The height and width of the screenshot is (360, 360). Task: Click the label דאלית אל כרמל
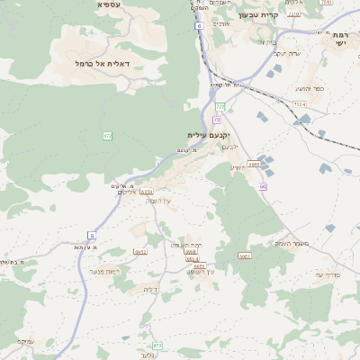103,64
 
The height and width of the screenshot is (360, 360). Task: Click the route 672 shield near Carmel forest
108,135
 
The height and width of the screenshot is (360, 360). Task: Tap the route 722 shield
220,106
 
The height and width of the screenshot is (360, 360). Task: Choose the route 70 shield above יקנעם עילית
217,119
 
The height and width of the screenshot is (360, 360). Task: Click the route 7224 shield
299,104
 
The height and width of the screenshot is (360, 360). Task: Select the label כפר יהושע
310,89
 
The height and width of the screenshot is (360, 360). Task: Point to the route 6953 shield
245,256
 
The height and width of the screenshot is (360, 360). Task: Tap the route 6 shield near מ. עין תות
91,235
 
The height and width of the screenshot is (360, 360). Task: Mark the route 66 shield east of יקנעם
263,186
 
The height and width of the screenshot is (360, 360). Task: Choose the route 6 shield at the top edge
197,26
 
